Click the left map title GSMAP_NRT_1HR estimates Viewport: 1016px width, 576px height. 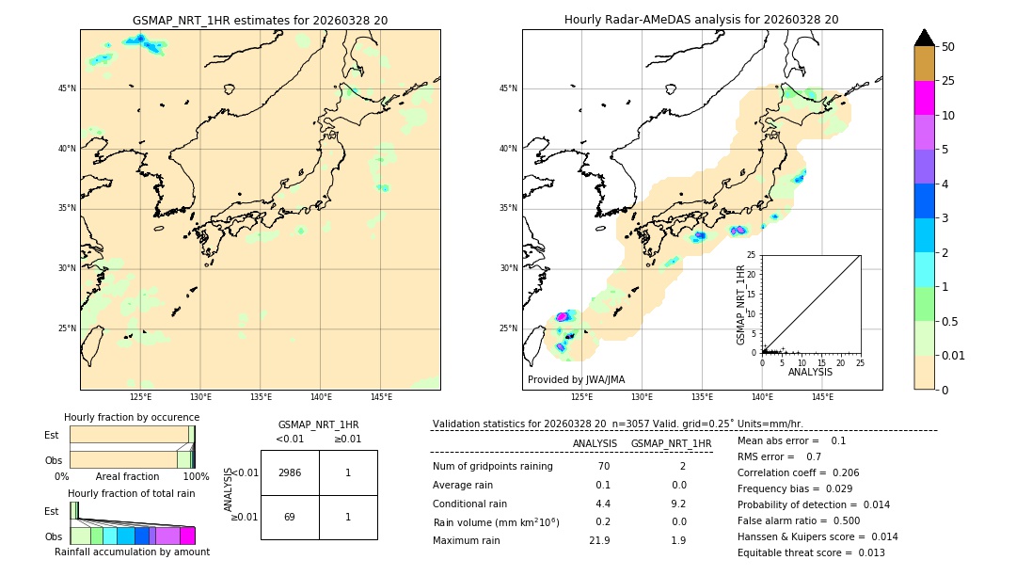[x=260, y=20]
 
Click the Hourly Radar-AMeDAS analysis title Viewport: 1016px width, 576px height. [x=702, y=20]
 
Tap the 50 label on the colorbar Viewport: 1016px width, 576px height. [x=948, y=46]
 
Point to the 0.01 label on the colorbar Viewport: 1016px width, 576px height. [x=952, y=355]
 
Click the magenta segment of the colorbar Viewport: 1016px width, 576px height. [x=924, y=98]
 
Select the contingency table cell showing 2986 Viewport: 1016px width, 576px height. [x=290, y=472]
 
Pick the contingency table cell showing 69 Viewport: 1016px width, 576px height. [x=290, y=517]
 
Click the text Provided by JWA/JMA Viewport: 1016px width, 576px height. [x=576, y=379]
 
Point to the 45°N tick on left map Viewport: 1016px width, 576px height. [x=67, y=88]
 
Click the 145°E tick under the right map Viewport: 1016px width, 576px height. [x=822, y=397]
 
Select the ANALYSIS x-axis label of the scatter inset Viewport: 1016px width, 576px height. [x=810, y=372]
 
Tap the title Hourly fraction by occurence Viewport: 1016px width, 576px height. [x=132, y=417]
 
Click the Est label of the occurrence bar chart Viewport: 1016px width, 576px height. [x=52, y=435]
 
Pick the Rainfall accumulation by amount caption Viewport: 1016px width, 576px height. [x=132, y=552]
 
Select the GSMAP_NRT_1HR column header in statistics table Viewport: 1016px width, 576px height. [x=671, y=443]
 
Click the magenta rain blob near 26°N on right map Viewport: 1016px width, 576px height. [x=564, y=317]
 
